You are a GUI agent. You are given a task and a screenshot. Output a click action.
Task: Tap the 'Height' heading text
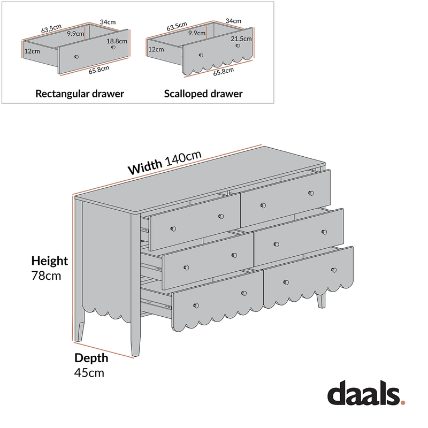49,261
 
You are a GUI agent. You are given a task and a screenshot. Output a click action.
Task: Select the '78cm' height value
46,276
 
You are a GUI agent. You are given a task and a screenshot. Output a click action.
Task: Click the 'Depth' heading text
91,358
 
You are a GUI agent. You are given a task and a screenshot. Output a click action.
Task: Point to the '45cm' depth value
89,372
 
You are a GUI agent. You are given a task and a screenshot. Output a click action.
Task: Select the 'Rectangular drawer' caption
80,94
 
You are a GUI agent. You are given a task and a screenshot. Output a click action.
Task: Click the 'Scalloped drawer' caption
203,94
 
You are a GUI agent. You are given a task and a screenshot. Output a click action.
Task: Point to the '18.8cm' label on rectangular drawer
117,41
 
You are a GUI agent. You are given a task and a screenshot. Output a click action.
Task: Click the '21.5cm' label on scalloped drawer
241,39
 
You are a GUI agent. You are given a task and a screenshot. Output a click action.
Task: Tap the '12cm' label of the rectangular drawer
32,51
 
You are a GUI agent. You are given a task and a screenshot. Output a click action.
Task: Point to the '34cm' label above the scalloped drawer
233,21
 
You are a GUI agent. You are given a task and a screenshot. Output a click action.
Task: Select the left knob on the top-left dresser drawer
173,229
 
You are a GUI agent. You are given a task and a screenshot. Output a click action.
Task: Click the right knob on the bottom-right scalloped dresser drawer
334,270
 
